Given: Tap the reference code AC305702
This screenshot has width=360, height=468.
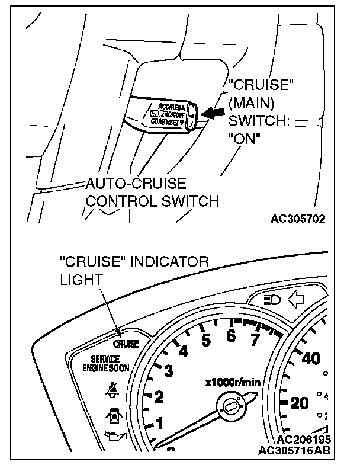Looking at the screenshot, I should coord(297,218).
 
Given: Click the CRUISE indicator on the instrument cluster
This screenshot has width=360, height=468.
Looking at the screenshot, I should coord(126,343).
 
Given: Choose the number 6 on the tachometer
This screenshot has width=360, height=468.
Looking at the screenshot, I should coord(231,336).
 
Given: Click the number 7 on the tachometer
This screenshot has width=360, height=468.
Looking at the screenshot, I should coord(256,340).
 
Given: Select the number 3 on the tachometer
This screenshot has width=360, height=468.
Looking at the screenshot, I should coord(168,371).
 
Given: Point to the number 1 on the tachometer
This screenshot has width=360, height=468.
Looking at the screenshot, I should coord(158,424).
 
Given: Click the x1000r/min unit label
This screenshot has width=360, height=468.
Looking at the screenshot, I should coord(232,382).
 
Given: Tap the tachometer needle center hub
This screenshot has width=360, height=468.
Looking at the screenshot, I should coord(229,406).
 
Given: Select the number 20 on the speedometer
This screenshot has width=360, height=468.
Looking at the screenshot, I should coord(300,403).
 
